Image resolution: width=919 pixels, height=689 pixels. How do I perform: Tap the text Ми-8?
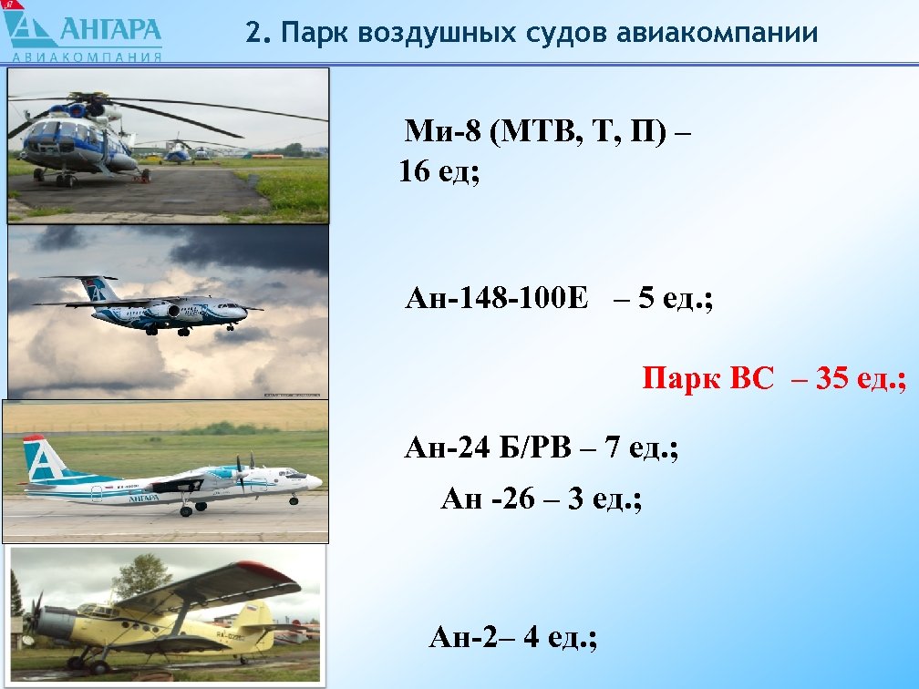point(441,133)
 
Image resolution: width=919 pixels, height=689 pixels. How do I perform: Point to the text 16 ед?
point(439,171)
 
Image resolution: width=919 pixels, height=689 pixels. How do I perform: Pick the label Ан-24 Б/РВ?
point(487,448)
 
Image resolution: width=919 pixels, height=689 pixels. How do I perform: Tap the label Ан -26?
point(487,499)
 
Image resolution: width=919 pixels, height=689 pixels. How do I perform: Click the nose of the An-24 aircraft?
point(315,480)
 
